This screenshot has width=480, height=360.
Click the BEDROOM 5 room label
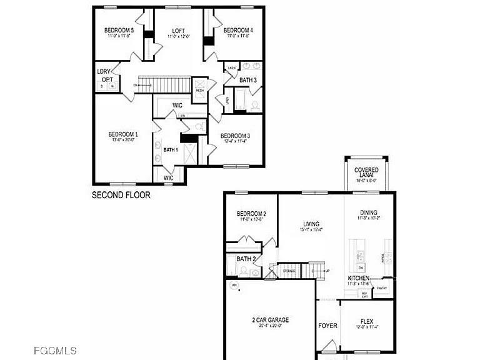tap(118, 30)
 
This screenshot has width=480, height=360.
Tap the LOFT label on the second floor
tap(178, 30)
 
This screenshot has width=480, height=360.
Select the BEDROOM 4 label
tap(237, 30)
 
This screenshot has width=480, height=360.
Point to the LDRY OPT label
tap(105, 76)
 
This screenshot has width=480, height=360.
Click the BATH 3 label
tap(248, 80)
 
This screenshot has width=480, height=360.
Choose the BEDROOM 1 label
tap(123, 134)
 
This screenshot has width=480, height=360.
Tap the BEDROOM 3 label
tap(236, 136)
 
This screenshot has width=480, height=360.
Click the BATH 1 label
tap(171, 150)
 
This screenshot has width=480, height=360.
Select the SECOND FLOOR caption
tap(121, 195)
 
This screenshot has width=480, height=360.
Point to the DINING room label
tap(369, 212)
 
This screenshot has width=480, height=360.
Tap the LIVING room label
tap(311, 224)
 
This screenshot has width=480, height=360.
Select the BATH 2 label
tap(246, 259)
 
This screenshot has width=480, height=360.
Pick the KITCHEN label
tap(359, 277)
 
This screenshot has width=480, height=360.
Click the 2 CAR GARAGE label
tap(271, 320)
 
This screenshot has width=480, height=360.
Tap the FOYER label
tap(327, 326)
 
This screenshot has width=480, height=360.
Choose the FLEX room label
tap(367, 321)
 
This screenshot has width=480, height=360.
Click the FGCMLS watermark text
tap(56, 351)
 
